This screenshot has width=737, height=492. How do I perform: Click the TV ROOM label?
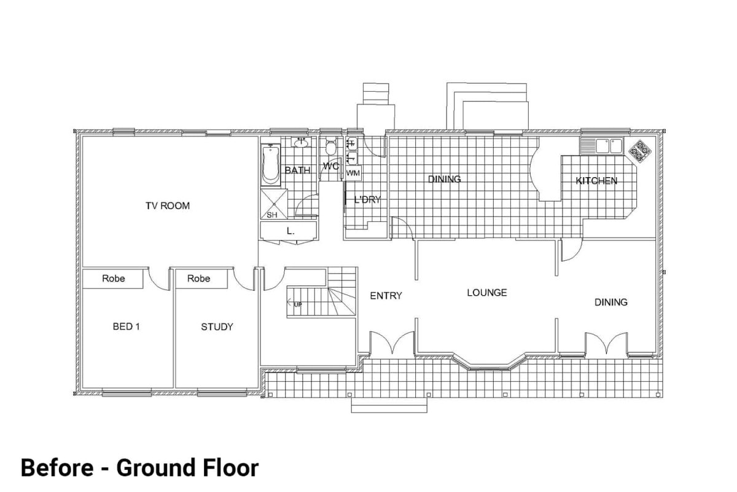(167, 205)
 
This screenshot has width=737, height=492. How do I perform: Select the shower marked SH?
(271, 204)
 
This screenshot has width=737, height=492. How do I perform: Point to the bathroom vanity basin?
(301, 143)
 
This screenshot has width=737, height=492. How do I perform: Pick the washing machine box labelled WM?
(353, 173)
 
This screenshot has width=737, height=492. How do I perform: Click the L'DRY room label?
(367, 199)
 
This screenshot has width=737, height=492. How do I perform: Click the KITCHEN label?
(596, 181)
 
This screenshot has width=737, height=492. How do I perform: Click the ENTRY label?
(386, 296)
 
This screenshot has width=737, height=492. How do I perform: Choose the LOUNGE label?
(486, 293)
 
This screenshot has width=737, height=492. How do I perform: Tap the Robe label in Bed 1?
(114, 279)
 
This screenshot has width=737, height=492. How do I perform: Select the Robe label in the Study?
(198, 279)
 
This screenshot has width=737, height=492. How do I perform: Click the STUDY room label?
(217, 327)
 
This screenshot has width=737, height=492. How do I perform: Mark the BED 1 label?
(127, 327)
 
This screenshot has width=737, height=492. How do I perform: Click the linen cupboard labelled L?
(289, 231)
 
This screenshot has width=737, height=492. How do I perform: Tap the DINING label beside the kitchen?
(444, 179)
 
